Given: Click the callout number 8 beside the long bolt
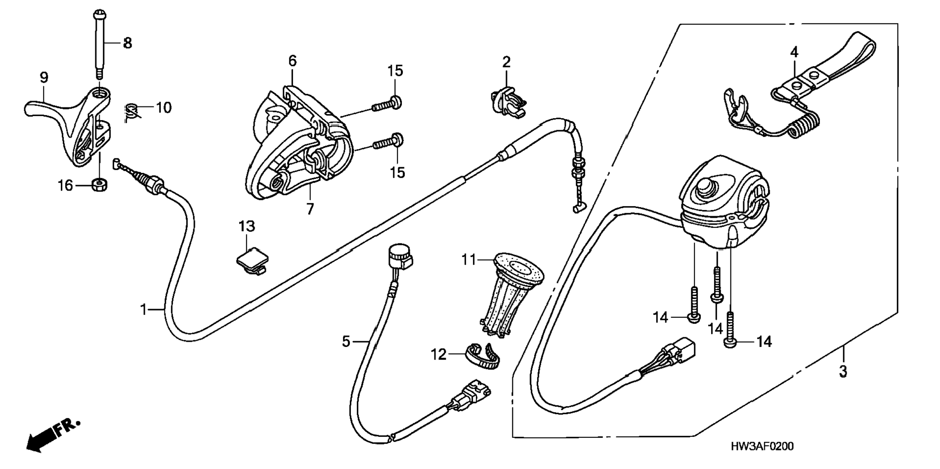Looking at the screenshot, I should click(x=127, y=43).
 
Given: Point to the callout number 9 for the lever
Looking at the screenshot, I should click(x=44, y=77).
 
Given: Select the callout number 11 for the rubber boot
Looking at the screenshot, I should click(x=469, y=260).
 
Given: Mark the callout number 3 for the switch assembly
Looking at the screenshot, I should click(x=843, y=372).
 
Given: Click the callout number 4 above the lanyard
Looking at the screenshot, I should click(x=794, y=52).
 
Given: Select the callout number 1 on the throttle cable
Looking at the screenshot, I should click(x=143, y=309).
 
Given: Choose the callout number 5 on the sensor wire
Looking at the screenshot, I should click(x=346, y=342).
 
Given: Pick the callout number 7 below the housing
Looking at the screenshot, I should click(x=310, y=208).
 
